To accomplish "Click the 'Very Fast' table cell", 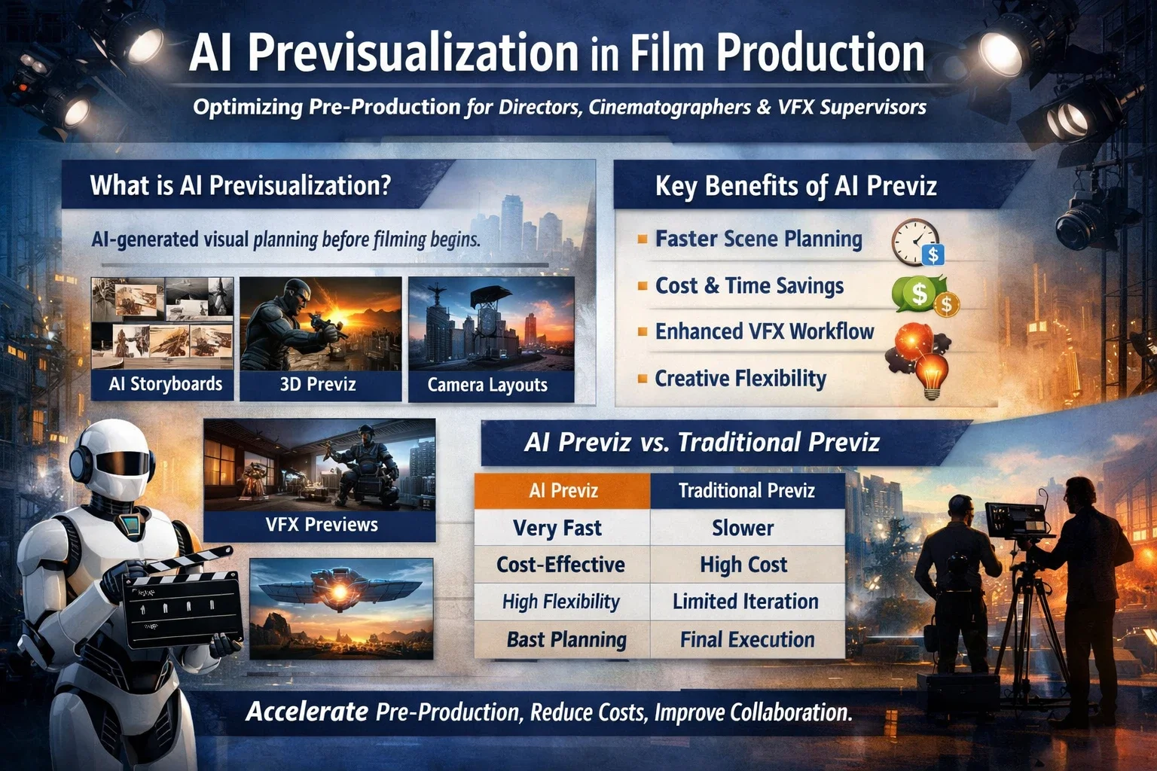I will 557,528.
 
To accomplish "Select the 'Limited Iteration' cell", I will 745,602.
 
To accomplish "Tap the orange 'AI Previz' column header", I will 563,491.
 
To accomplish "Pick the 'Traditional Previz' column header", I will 746,491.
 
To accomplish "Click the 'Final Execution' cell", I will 746,639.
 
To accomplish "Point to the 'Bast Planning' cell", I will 566,639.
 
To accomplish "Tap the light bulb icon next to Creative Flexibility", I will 933,376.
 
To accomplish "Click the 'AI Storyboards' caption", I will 166,384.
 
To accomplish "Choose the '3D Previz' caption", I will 317,384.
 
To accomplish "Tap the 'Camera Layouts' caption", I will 487,385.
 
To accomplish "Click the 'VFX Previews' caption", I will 322,524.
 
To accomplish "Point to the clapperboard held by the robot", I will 181,602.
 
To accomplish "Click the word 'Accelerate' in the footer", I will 307,712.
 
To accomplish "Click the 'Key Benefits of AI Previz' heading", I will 795,186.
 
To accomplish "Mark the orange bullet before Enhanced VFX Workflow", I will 642,331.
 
